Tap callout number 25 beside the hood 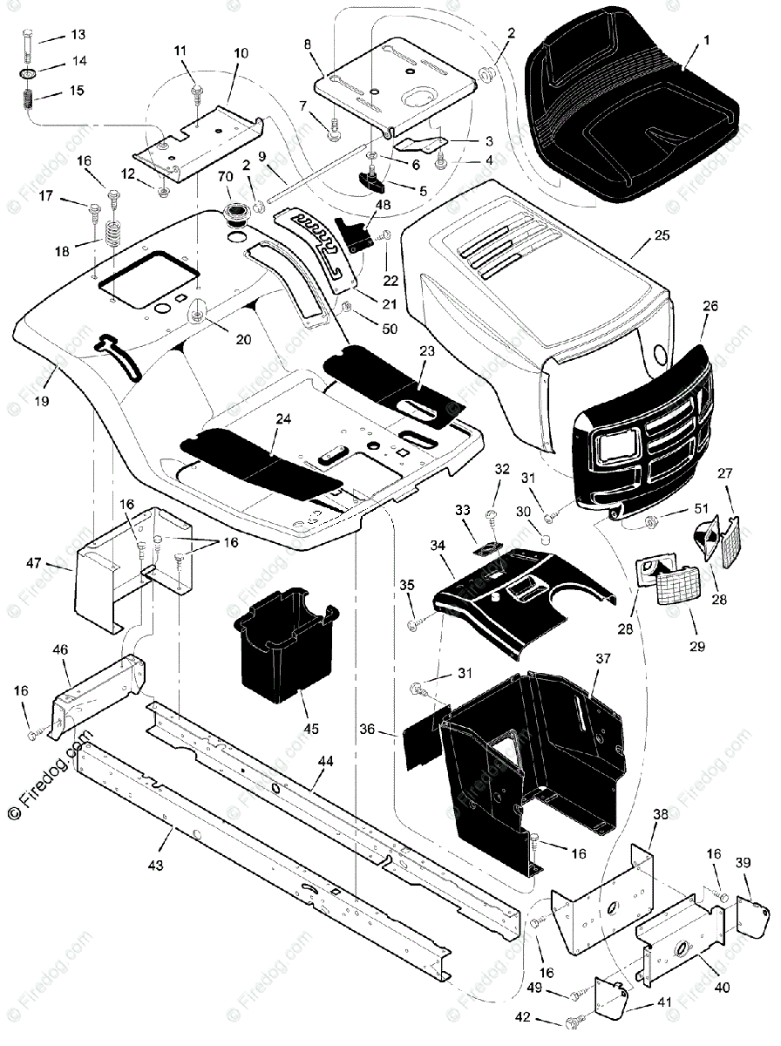[x=662, y=235]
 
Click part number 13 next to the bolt [x=78, y=34]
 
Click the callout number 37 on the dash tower [x=603, y=658]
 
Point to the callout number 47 [x=33, y=563]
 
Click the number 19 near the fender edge [x=42, y=401]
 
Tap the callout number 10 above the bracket [x=241, y=53]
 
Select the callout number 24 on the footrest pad [x=283, y=419]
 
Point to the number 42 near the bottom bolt [x=523, y=1016]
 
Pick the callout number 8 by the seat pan [x=308, y=44]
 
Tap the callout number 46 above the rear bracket [x=60, y=649]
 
